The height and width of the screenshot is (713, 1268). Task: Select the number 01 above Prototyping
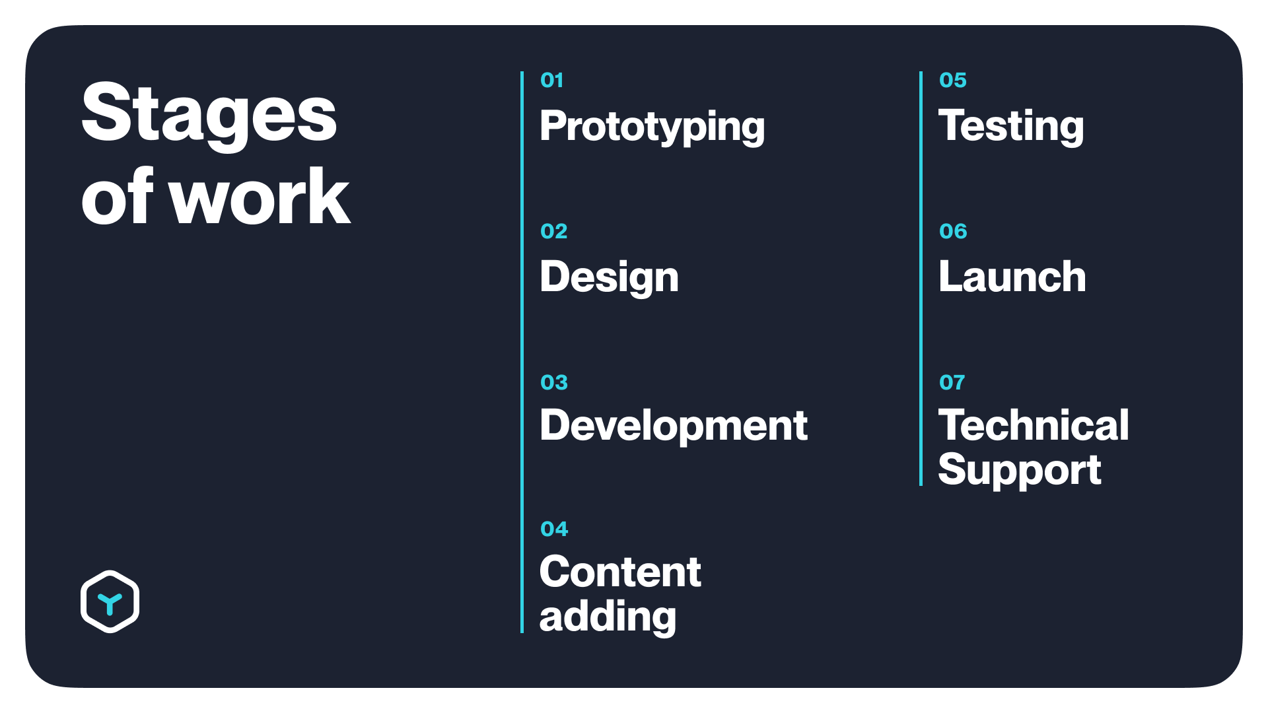tap(551, 81)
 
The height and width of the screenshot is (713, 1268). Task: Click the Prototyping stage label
tap(652, 127)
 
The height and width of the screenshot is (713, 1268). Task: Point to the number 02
tap(553, 231)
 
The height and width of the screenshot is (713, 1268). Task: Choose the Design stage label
tap(609, 277)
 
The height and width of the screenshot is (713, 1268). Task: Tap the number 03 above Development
tap(553, 382)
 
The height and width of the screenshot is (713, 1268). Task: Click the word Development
tap(674, 426)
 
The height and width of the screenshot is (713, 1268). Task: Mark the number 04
tap(553, 529)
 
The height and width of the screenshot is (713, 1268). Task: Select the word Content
tap(620, 572)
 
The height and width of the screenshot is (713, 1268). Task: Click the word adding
tap(608, 617)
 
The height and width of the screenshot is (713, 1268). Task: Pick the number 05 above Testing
tap(952, 81)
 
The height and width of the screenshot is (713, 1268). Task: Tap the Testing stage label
tap(1011, 127)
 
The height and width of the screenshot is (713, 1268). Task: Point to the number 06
tap(952, 231)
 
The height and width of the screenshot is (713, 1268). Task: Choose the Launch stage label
tap(1012, 277)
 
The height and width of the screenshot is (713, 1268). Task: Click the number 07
tap(952, 382)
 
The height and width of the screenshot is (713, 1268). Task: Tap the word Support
tap(1020, 471)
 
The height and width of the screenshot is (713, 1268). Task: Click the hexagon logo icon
tap(110, 601)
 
